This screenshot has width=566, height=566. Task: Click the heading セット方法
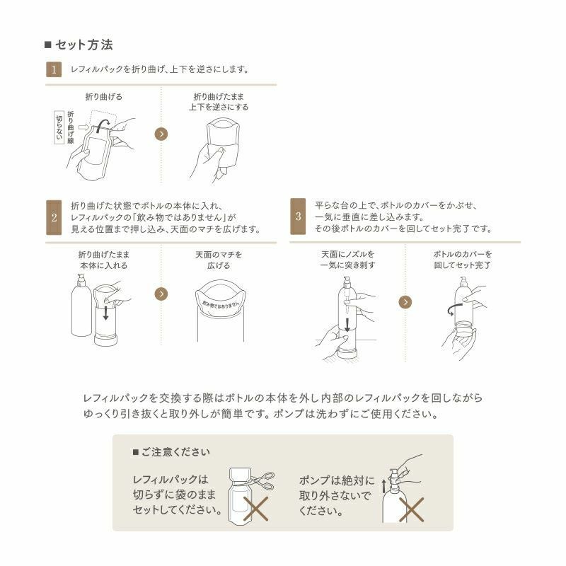(x=83, y=45)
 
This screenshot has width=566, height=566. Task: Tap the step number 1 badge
(x=52, y=69)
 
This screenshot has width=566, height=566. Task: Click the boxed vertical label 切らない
(x=59, y=127)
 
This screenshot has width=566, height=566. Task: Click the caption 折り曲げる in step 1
(x=103, y=97)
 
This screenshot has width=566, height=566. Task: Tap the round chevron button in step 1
(x=161, y=134)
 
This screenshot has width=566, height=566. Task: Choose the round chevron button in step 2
(x=161, y=294)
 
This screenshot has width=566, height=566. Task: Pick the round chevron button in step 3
(x=405, y=302)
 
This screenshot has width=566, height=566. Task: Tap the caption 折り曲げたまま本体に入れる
(x=103, y=260)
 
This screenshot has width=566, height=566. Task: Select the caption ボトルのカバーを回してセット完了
(x=462, y=260)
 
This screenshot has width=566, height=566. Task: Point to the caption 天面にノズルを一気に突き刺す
(x=347, y=260)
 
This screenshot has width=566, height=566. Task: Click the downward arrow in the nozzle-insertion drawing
(x=347, y=324)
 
